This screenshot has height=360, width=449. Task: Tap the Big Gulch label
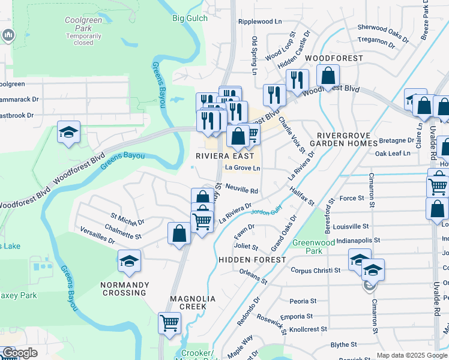(190, 18)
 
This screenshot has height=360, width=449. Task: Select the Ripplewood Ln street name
(260, 21)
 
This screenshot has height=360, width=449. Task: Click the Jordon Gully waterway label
(267, 213)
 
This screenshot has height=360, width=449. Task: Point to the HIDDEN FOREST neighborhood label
(252, 259)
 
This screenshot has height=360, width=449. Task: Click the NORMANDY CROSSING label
(124, 289)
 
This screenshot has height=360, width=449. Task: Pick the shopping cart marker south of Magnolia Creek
(170, 322)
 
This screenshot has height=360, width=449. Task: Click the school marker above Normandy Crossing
(129, 261)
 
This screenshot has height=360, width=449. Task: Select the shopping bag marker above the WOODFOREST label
(328, 76)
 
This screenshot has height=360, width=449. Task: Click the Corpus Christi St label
(315, 271)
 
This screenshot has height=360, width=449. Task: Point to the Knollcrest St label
(308, 329)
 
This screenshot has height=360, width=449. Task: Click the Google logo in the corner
(19, 353)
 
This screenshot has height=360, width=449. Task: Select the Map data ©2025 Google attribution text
(412, 355)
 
